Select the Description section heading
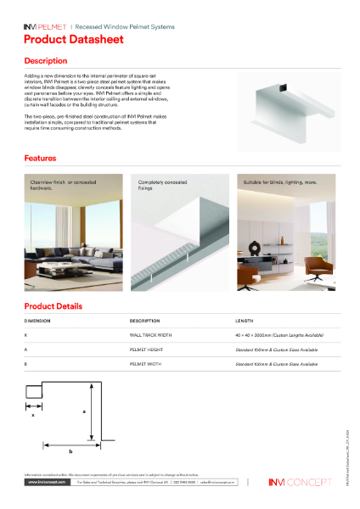[46, 62]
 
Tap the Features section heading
[41, 159]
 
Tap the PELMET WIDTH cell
[147, 364]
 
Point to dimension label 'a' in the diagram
[83, 411]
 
